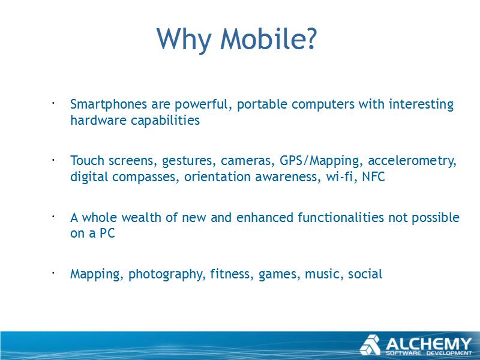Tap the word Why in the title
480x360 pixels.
point(184,41)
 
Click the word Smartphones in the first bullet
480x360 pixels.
point(109,104)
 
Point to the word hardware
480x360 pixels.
point(98,120)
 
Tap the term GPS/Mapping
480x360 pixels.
point(319,161)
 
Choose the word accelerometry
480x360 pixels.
point(412,161)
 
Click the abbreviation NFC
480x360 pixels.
point(373,176)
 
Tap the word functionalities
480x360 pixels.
point(341,217)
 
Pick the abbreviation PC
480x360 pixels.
point(107,233)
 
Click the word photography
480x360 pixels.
point(166,274)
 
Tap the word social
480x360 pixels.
point(365,274)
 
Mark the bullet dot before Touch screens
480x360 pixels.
point(53,160)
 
